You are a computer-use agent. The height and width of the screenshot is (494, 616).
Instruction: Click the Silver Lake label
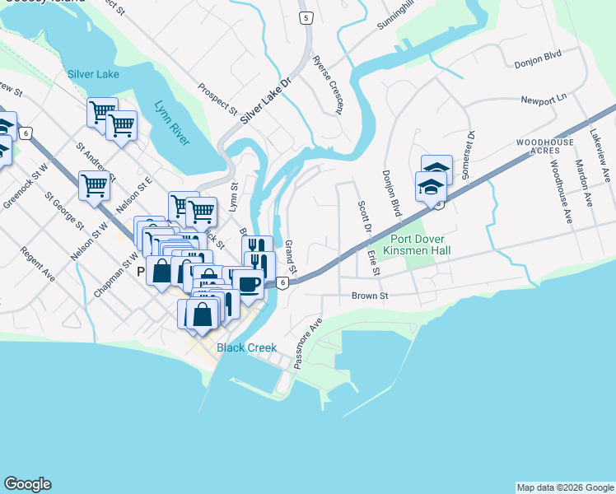tap(93, 74)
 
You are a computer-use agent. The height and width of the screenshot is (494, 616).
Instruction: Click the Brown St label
tap(370, 296)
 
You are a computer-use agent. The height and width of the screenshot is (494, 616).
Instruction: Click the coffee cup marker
tap(248, 285)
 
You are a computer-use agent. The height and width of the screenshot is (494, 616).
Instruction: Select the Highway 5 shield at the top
tap(306, 17)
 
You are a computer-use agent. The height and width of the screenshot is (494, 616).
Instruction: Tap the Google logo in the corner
tap(27, 484)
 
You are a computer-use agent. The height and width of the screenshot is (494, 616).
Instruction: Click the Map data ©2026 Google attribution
tap(565, 487)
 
